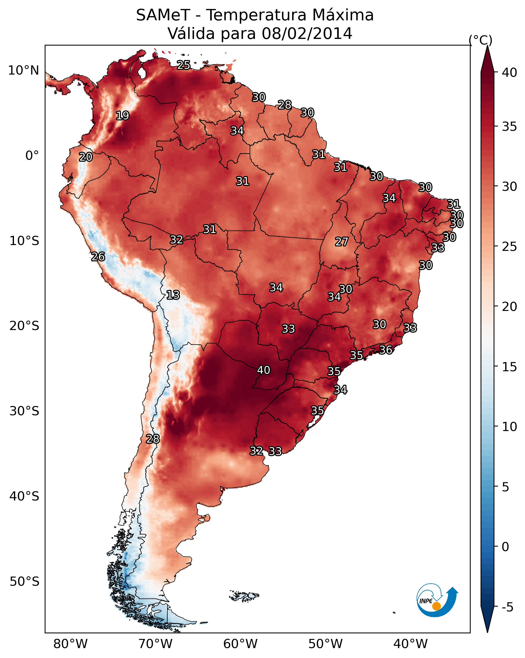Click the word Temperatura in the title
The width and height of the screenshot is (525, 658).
point(256,15)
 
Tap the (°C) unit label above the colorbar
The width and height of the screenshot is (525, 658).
point(480,40)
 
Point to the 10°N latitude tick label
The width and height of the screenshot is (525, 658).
point(23,70)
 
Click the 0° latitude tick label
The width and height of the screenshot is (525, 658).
point(32,156)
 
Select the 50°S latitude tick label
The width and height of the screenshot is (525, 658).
point(24,582)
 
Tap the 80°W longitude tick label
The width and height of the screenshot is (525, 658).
point(70,644)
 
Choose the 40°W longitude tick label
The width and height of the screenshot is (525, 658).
point(410,644)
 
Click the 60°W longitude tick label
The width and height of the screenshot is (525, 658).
point(241,644)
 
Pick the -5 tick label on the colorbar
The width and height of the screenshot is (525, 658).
point(507,607)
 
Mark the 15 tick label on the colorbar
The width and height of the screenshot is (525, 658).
point(510,367)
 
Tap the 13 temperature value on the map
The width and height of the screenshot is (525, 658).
point(173,295)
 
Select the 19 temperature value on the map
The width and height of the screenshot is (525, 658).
point(122,116)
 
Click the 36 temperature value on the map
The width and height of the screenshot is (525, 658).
point(386,350)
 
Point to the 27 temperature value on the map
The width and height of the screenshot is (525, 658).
point(341,242)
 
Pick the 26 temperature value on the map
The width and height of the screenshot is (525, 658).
point(98,257)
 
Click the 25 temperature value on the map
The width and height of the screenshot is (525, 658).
point(183,65)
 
